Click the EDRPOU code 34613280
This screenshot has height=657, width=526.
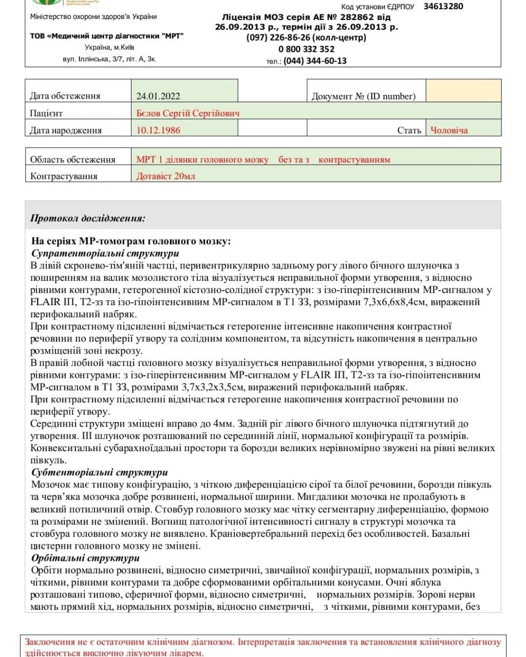tap(443, 7)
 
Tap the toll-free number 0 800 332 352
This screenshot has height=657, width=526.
tap(306, 49)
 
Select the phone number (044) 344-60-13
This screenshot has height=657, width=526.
tap(315, 61)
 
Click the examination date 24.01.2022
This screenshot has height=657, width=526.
tap(158, 96)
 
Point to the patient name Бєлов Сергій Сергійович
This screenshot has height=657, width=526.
tap(188, 113)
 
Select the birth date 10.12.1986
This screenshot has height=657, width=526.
tap(158, 130)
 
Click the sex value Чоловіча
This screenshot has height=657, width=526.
tap(449, 130)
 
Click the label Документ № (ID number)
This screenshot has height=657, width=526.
tap(363, 96)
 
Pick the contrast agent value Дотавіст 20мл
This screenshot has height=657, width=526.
tap(165, 176)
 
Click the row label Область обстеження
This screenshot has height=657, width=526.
tap(72, 159)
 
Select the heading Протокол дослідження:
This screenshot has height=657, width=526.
tap(88, 218)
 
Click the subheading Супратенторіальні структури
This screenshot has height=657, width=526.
tap(105, 254)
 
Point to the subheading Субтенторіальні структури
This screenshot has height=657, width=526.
tap(100, 472)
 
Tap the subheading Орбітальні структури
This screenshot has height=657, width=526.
tap(85, 558)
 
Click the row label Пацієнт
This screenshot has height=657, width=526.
tap(46, 113)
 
